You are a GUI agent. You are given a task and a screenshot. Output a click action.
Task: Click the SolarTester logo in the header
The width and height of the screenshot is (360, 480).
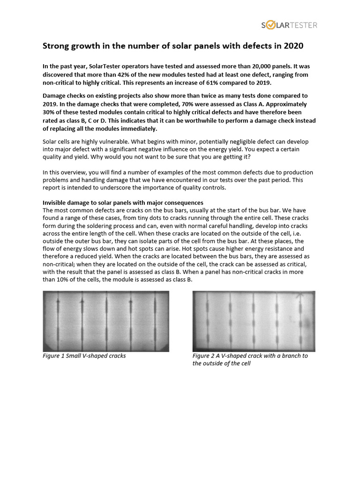click(289, 25)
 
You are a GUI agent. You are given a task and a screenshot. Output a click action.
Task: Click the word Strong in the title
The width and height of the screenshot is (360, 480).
click(56, 46)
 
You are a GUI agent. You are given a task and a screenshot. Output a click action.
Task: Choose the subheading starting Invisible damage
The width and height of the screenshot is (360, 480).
click(123, 202)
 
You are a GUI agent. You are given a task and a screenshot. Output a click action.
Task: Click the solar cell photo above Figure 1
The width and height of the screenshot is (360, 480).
click(106, 321)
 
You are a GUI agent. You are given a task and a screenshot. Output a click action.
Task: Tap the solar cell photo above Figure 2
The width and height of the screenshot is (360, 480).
click(254, 321)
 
